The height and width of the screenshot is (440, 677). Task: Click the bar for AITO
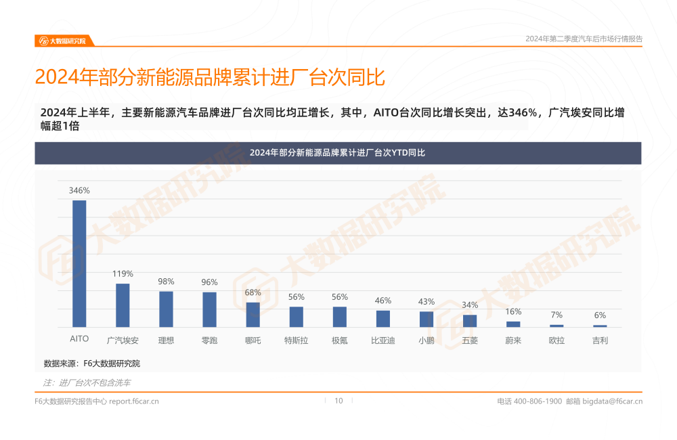click(x=79, y=263)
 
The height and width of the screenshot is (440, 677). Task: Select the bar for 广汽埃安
click(x=123, y=305)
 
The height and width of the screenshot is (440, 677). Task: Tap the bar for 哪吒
click(x=253, y=315)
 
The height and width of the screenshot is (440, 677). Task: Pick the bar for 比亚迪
click(x=383, y=319)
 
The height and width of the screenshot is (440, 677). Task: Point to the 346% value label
click(x=79, y=191)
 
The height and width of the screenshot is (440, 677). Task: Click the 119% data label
click(x=123, y=274)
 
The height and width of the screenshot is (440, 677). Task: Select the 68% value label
click(x=253, y=293)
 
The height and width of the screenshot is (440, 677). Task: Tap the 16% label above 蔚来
click(x=513, y=312)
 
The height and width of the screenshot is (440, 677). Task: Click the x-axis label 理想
click(x=166, y=340)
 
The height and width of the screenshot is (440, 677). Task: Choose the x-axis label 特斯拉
click(x=296, y=340)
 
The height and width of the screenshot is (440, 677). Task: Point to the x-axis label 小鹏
click(x=427, y=340)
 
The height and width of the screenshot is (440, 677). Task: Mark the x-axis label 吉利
click(x=600, y=340)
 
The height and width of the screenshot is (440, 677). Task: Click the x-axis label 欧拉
click(x=556, y=340)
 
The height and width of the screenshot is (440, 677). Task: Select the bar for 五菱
click(x=470, y=321)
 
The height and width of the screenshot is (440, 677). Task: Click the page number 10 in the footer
click(x=338, y=401)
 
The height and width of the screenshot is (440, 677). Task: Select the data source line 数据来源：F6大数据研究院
click(x=92, y=364)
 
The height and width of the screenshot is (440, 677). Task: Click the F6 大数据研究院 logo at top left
click(x=62, y=41)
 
